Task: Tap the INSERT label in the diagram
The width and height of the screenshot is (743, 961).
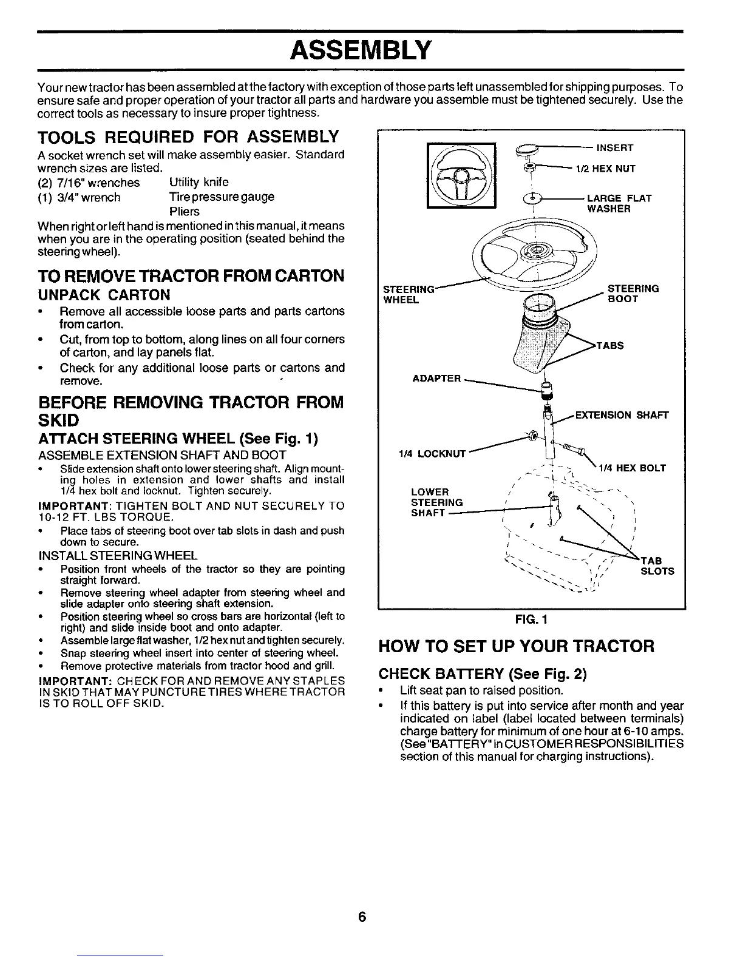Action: tap(615, 148)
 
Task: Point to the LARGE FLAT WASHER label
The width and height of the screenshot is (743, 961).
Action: tap(619, 204)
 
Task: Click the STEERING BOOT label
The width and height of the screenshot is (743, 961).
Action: tap(633, 294)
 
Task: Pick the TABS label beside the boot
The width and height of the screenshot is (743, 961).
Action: tap(611, 346)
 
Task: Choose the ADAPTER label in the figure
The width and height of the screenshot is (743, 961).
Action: tap(436, 379)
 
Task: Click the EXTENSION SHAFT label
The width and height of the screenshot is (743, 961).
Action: tap(622, 416)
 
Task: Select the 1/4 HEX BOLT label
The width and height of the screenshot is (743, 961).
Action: tap(633, 468)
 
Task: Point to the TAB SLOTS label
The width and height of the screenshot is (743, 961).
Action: tap(657, 566)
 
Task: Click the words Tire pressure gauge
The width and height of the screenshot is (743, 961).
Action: tap(222, 197)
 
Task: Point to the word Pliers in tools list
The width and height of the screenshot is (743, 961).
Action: tap(185, 212)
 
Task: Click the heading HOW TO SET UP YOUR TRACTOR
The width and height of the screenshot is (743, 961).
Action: tap(516, 646)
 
